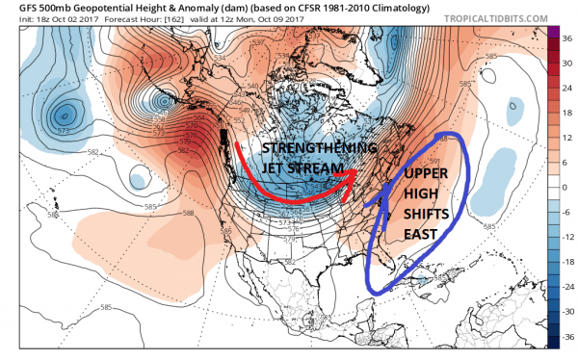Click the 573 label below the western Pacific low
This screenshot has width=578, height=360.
coord(65,130)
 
